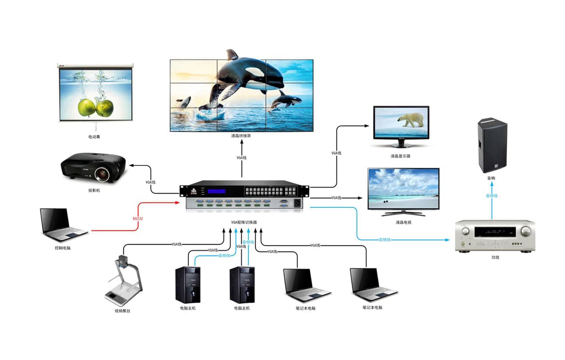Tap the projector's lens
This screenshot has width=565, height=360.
103,174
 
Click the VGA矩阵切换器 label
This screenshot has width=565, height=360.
244,222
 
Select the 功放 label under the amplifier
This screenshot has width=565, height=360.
494,258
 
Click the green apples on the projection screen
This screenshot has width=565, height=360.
95,107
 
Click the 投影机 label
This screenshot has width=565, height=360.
94,191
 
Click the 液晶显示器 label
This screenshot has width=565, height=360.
401,156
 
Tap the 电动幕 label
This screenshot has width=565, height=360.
94,137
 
